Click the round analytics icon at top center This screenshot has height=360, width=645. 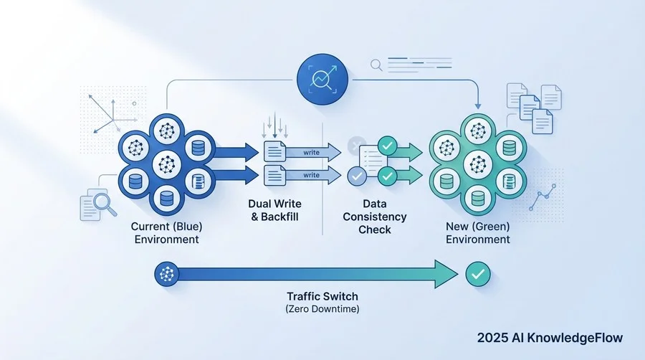(322, 79)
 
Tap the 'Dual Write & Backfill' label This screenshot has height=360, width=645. (274, 210)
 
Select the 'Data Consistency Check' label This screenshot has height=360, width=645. (374, 217)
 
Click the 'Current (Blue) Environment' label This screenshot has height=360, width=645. (166, 233)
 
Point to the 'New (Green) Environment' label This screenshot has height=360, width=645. (477, 233)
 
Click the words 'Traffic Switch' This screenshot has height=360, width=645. (322, 296)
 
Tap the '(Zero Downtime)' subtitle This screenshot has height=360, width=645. (322, 308)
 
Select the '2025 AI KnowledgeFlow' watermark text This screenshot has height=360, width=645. (550, 338)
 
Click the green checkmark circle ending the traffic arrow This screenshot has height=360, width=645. (478, 274)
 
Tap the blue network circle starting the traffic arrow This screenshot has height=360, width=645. (166, 274)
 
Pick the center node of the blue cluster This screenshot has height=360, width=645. (166, 164)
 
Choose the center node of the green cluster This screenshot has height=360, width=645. (477, 164)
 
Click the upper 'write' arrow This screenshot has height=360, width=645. (313, 153)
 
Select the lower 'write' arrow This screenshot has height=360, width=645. (313, 175)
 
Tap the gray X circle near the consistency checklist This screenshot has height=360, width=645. (356, 146)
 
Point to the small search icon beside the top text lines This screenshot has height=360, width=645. (376, 65)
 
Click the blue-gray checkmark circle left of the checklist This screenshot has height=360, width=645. (357, 176)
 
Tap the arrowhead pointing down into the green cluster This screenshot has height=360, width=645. (477, 105)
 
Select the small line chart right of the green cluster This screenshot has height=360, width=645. (543, 197)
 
